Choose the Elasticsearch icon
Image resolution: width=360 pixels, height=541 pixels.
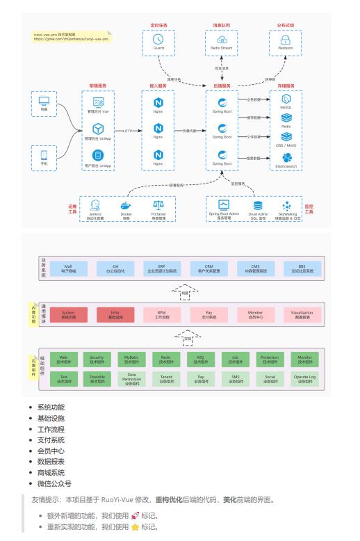(x=285, y=156)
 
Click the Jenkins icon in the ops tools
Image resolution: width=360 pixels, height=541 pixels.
(x=96, y=204)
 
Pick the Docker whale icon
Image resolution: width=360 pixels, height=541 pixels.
(x=126, y=204)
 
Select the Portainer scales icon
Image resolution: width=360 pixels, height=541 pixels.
(x=158, y=204)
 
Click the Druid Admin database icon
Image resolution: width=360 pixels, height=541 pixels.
(x=259, y=205)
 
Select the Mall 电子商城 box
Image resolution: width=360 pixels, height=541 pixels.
(x=68, y=268)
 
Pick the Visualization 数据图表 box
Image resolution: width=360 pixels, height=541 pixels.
(x=302, y=314)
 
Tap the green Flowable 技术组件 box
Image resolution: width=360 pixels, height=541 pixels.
(x=97, y=379)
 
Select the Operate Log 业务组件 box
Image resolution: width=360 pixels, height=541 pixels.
(x=304, y=379)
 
